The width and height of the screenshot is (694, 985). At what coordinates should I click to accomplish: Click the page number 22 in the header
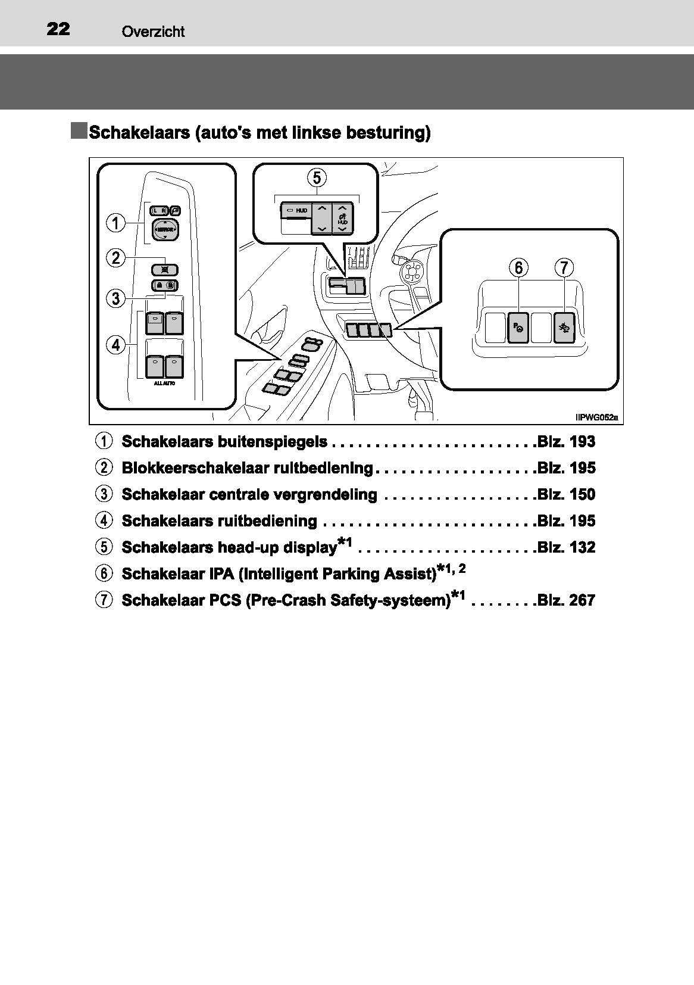pyautogui.click(x=58, y=29)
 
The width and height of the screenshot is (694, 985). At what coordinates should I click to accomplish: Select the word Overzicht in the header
pyautogui.click(x=153, y=32)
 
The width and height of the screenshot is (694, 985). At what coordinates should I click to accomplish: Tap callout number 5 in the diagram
pyautogui.click(x=317, y=177)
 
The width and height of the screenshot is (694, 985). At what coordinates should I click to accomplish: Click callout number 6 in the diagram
pyautogui.click(x=519, y=268)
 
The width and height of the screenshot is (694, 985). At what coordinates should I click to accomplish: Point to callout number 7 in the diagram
pyautogui.click(x=564, y=268)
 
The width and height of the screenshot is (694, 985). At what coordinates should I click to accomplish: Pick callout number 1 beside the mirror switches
pyautogui.click(x=115, y=223)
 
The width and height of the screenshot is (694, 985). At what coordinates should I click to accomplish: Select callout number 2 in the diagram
pyautogui.click(x=115, y=258)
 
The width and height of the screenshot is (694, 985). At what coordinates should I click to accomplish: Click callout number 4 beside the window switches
pyautogui.click(x=115, y=344)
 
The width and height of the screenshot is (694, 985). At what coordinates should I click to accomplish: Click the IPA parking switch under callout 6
pyautogui.click(x=518, y=328)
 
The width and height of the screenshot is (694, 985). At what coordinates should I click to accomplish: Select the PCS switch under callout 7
pyautogui.click(x=563, y=328)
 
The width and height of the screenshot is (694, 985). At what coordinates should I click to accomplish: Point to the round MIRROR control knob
pyautogui.click(x=164, y=229)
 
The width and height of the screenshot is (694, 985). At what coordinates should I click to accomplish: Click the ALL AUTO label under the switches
pyautogui.click(x=164, y=384)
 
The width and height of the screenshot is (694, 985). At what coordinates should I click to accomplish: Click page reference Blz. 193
pyautogui.click(x=566, y=442)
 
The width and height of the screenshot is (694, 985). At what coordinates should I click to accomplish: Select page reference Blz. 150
pyautogui.click(x=566, y=494)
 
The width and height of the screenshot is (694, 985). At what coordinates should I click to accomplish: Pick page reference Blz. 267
pyautogui.click(x=566, y=600)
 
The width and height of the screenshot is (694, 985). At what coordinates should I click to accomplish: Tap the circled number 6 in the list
pyautogui.click(x=104, y=573)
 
